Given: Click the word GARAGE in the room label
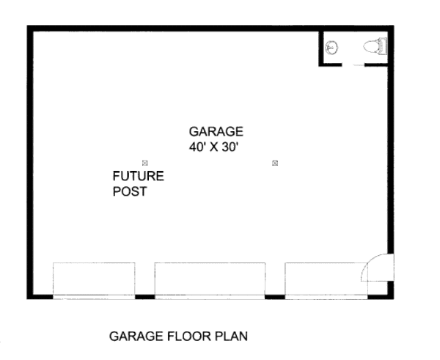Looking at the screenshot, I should point(216,132).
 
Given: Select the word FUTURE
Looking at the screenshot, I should point(138,177).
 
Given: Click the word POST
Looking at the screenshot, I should point(130,192).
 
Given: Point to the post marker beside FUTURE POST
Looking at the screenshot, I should point(145,162).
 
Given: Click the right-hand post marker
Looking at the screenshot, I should point(274,162).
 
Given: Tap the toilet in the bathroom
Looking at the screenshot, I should point(375,48).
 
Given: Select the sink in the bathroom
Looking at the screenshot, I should point(332,48).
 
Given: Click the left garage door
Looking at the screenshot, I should point(94,280).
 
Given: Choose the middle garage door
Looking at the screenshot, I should point(210,280).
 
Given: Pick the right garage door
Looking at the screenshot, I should point(326,280).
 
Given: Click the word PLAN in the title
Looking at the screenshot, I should point(231,337).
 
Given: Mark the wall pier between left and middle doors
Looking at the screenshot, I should point(145,296).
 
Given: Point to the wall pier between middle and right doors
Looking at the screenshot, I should point(274,296).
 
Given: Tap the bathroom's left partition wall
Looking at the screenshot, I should point(320,48).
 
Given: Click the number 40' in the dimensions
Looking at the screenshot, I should point(197,147).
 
